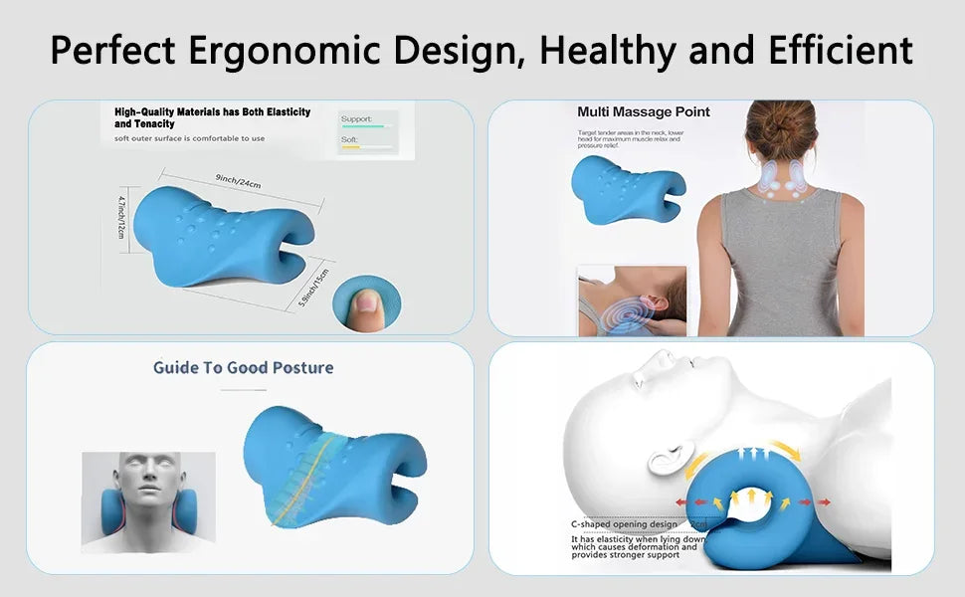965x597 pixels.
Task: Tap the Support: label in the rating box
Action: [356, 119]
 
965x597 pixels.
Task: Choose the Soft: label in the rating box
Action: [349, 140]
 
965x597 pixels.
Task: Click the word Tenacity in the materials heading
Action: [138, 124]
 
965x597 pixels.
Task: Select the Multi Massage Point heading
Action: [644, 111]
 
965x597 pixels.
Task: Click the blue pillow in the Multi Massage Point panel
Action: [627, 190]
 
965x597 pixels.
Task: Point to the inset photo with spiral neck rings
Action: [631, 299]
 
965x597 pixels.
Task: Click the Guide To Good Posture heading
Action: [243, 367]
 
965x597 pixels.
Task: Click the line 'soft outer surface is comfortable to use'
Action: [189, 138]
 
